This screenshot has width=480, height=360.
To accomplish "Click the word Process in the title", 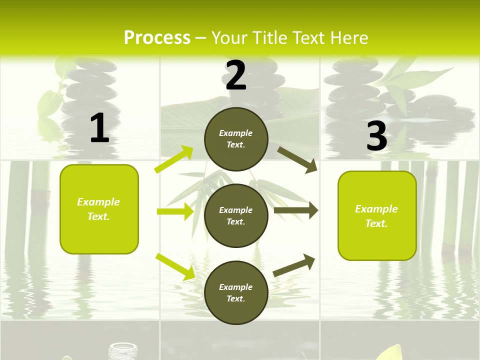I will pos(157,38).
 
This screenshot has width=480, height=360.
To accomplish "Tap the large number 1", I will pos(99,128).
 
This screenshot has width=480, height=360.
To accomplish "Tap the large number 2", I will pos(236,75).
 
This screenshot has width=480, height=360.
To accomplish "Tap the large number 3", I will pos(376,136).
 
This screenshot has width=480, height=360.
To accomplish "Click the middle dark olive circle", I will pos(236,215).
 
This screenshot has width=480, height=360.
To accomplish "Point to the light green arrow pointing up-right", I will pos(173,159).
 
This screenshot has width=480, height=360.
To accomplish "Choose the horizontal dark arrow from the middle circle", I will pos(296,210).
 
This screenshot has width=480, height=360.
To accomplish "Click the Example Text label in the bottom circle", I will pos(236,293).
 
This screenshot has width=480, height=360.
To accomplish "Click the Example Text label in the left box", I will pos(98,209).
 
